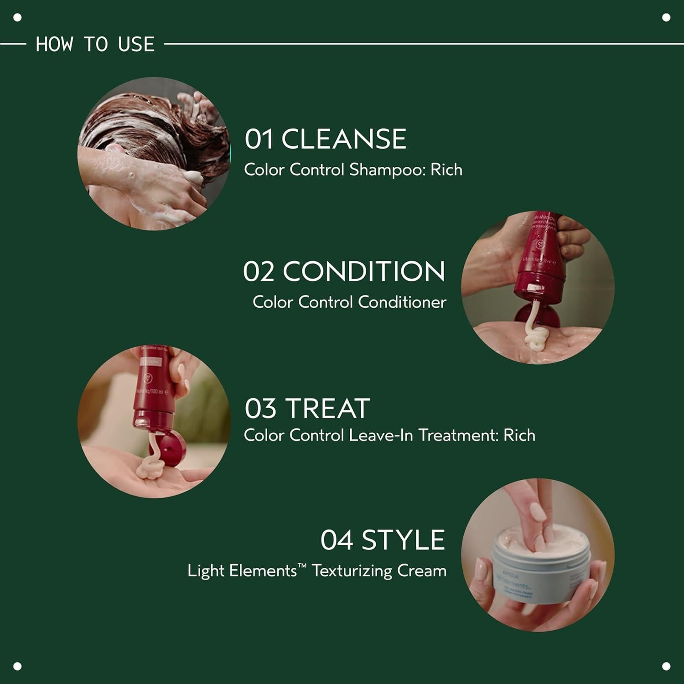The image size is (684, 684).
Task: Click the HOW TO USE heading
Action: click(x=95, y=44)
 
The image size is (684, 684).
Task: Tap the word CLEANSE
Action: click(x=343, y=139)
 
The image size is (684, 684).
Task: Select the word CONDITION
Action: click(x=363, y=271)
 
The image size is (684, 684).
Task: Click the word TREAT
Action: click(x=327, y=408)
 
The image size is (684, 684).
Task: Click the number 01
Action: click(x=259, y=139)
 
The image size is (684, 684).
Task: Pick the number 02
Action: click(x=259, y=271)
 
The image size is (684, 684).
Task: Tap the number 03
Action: click(x=260, y=408)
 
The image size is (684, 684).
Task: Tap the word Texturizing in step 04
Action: click(x=352, y=571)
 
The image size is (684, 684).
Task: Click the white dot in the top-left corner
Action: click(x=18, y=18)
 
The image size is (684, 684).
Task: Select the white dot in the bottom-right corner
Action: click(x=666, y=666)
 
